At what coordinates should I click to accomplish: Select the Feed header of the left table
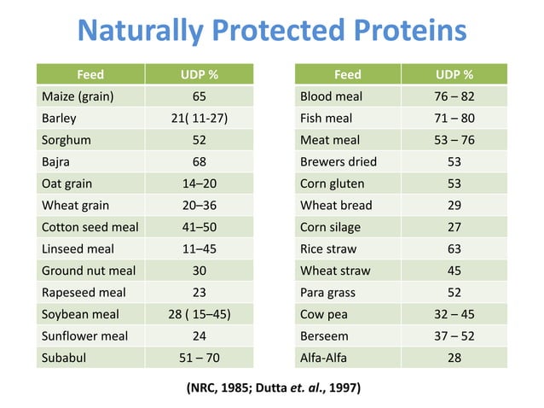coord(91,74)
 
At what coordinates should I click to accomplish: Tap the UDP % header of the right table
coord(454,74)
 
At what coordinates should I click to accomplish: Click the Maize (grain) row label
coord(78,96)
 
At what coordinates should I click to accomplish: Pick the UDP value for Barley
coord(199,118)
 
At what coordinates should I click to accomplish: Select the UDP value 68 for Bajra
coord(199,161)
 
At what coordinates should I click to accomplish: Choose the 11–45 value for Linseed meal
coord(199,249)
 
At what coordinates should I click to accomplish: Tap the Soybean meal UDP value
coord(199,314)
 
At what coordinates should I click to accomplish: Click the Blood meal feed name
coord(332,96)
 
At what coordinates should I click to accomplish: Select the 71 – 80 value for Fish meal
coord(454,118)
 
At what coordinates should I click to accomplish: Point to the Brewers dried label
coord(339,161)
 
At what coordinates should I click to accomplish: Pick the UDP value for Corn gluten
coord(454,184)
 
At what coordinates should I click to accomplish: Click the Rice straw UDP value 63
coord(454,249)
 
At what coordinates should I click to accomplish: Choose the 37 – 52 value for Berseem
coord(454,336)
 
